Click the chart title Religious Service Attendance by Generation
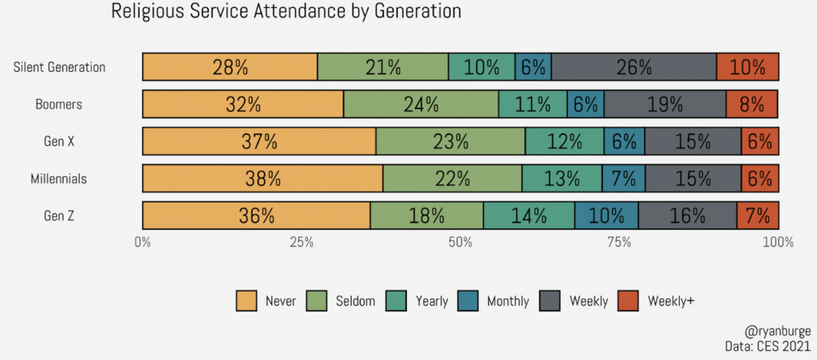click(286, 12)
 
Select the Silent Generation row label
click(59, 67)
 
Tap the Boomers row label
click(59, 105)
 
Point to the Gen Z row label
click(61, 216)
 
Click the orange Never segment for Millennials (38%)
click(262, 179)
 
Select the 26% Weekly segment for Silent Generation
click(633, 67)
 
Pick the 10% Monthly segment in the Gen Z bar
click(606, 216)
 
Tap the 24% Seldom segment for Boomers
click(420, 105)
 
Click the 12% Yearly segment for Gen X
click(564, 141)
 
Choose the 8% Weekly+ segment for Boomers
click(752, 105)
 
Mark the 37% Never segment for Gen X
click(259, 141)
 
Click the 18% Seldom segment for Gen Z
click(426, 216)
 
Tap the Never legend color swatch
click(247, 301)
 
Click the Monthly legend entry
click(507, 301)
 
